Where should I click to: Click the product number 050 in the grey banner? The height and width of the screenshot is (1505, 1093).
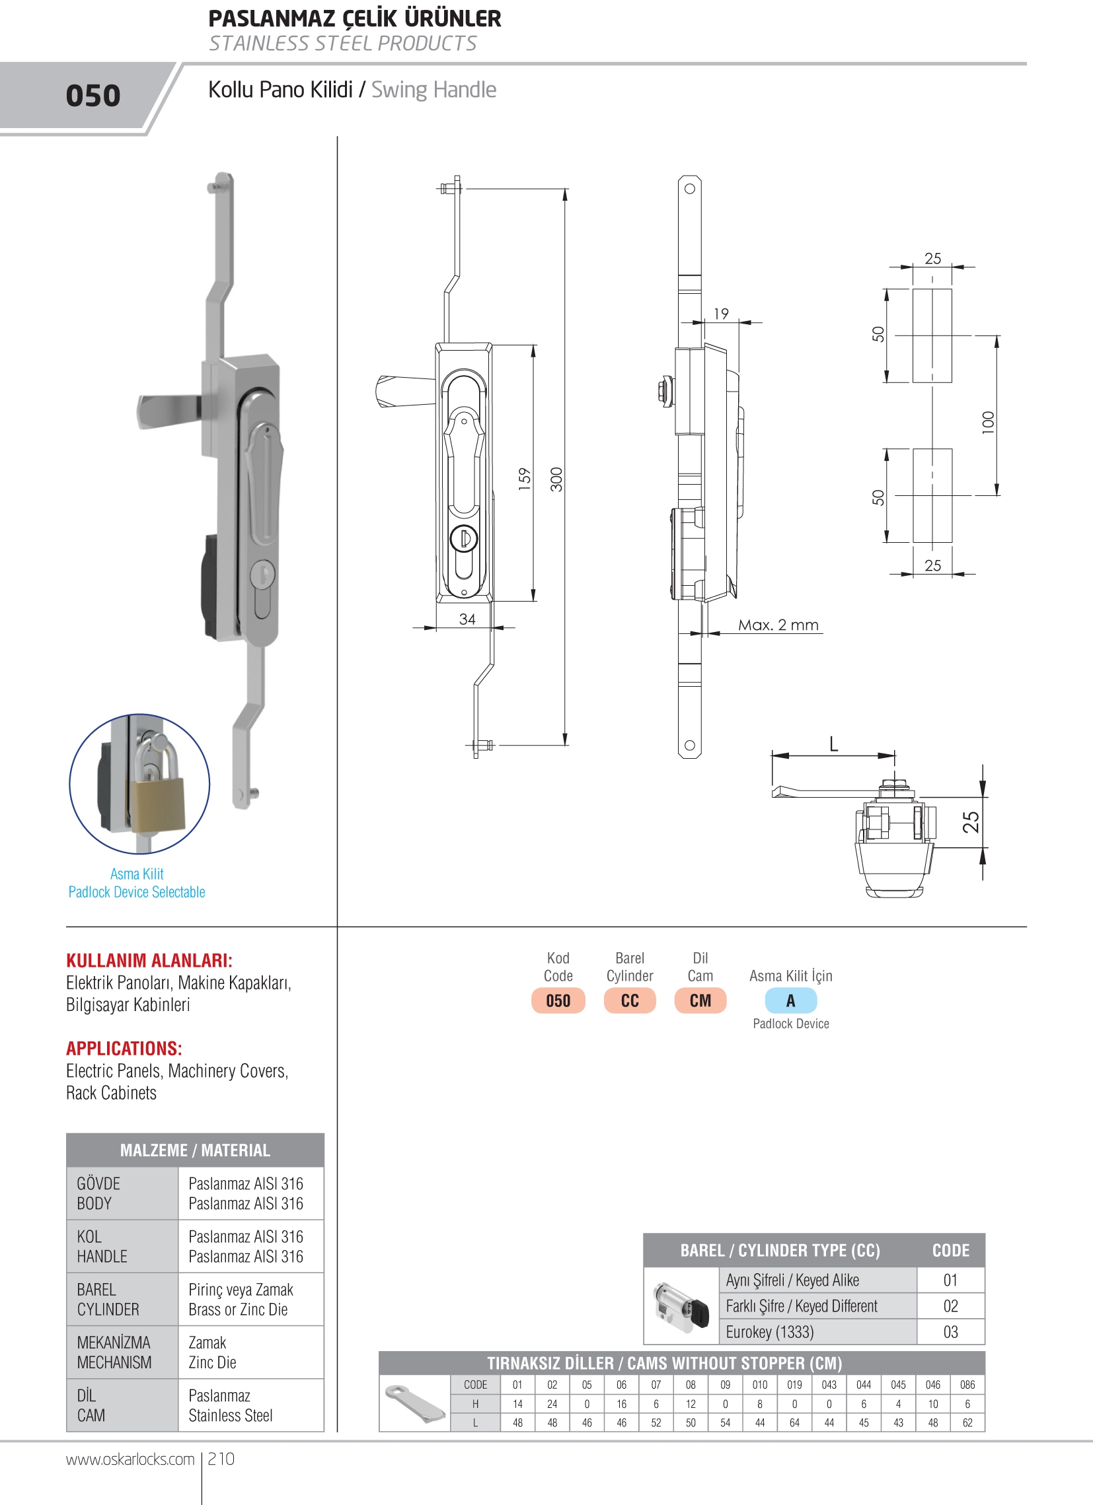pyautogui.click(x=93, y=96)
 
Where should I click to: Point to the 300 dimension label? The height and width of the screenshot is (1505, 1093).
pyautogui.click(x=556, y=479)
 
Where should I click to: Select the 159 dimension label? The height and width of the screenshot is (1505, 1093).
pyautogui.click(x=525, y=479)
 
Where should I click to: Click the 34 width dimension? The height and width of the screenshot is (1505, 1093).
pyautogui.click(x=467, y=619)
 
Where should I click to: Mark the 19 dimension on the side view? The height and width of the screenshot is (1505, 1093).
pyautogui.click(x=721, y=313)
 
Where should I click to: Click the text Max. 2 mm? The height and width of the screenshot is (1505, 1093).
pyautogui.click(x=778, y=625)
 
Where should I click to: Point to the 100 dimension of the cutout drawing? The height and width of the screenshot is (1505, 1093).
pyautogui.click(x=988, y=423)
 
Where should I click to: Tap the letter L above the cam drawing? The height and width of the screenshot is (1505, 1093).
pyautogui.click(x=833, y=744)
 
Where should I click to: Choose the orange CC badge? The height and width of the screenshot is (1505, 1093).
pyautogui.click(x=630, y=1000)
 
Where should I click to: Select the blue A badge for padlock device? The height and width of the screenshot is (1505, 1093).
pyautogui.click(x=790, y=1000)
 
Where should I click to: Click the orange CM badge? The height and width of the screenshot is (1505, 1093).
pyautogui.click(x=700, y=1000)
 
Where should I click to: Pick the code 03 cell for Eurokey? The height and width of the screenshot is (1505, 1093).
pyautogui.click(x=950, y=1332)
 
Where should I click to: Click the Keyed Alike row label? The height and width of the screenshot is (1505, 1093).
pyautogui.click(x=792, y=1280)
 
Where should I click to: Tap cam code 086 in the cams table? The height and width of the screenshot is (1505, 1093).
pyautogui.click(x=967, y=1385)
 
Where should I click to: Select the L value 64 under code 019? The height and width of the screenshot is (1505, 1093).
pyautogui.click(x=794, y=1422)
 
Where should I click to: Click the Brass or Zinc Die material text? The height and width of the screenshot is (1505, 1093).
pyautogui.click(x=238, y=1310)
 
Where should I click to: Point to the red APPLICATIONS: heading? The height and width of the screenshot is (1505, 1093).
pyautogui.click(x=124, y=1049)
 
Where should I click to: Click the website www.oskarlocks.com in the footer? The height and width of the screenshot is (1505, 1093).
pyautogui.click(x=130, y=1459)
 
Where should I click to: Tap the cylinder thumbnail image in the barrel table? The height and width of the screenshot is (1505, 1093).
pyautogui.click(x=681, y=1307)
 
